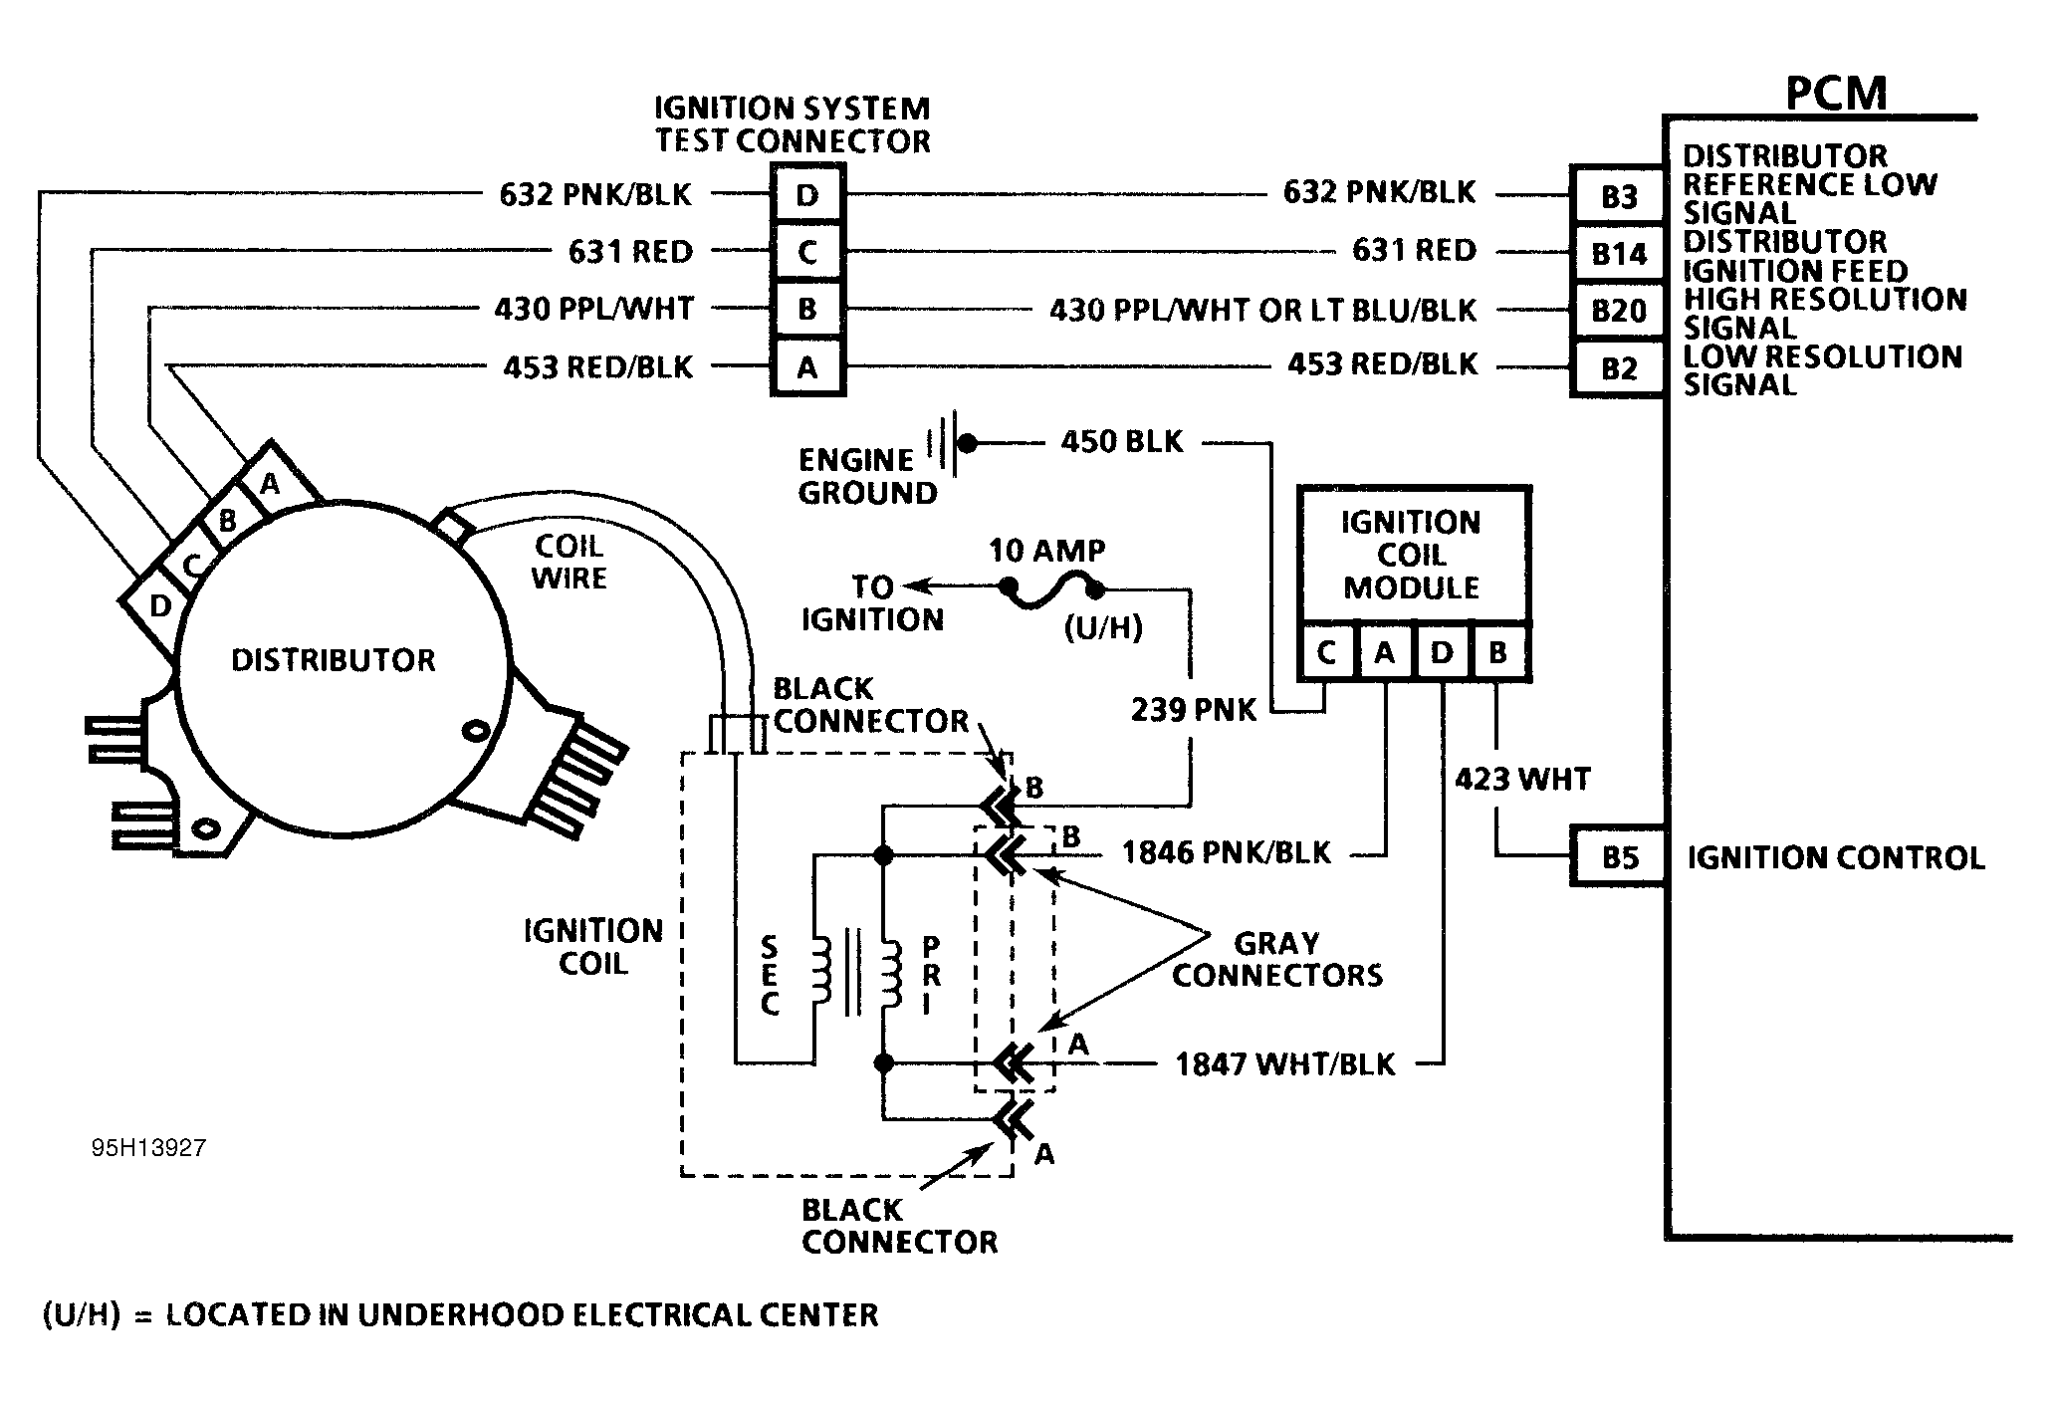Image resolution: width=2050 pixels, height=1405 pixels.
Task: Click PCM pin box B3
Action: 1618,196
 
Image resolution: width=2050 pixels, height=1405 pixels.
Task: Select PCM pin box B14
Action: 1618,254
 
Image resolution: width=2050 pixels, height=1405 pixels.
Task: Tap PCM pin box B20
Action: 1618,311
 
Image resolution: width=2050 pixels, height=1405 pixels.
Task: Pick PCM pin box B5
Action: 1618,856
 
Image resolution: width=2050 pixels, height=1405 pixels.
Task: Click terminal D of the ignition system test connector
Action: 806,194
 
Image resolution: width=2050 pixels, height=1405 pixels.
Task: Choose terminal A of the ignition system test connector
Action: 806,367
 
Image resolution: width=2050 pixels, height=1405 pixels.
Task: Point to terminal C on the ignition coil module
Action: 1326,653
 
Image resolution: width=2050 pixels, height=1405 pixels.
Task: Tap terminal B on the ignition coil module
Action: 1497,653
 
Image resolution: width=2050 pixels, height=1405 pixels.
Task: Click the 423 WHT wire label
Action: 1522,779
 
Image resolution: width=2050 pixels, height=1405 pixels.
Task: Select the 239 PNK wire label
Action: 1194,710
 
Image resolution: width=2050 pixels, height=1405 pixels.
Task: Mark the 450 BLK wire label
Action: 1121,441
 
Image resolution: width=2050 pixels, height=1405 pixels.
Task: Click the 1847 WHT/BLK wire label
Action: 1284,1064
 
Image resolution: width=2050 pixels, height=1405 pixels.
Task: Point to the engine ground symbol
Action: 944,442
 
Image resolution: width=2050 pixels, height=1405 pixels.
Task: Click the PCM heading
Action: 1836,94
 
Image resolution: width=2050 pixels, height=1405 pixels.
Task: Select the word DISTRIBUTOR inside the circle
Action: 334,660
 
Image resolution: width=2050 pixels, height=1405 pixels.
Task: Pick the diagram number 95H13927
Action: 148,1148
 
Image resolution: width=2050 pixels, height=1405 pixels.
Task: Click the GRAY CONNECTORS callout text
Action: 1276,959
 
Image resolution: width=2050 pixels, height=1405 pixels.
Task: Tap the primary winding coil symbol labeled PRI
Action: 891,976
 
